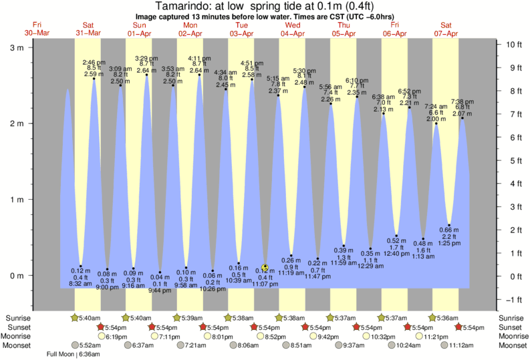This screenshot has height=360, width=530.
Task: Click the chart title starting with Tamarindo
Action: (x=265, y=6)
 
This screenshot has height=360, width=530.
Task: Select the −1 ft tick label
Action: (x=513, y=299)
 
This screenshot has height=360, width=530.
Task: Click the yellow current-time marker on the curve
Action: (x=265, y=266)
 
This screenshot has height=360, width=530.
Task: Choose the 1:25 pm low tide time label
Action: (x=450, y=243)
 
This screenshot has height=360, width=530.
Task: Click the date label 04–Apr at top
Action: (x=293, y=33)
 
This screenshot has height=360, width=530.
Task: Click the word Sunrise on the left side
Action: (x=18, y=318)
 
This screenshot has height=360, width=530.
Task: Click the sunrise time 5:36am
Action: (x=450, y=318)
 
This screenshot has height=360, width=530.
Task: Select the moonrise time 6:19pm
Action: (x=116, y=337)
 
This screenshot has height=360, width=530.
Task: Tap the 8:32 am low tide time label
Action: (x=81, y=284)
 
